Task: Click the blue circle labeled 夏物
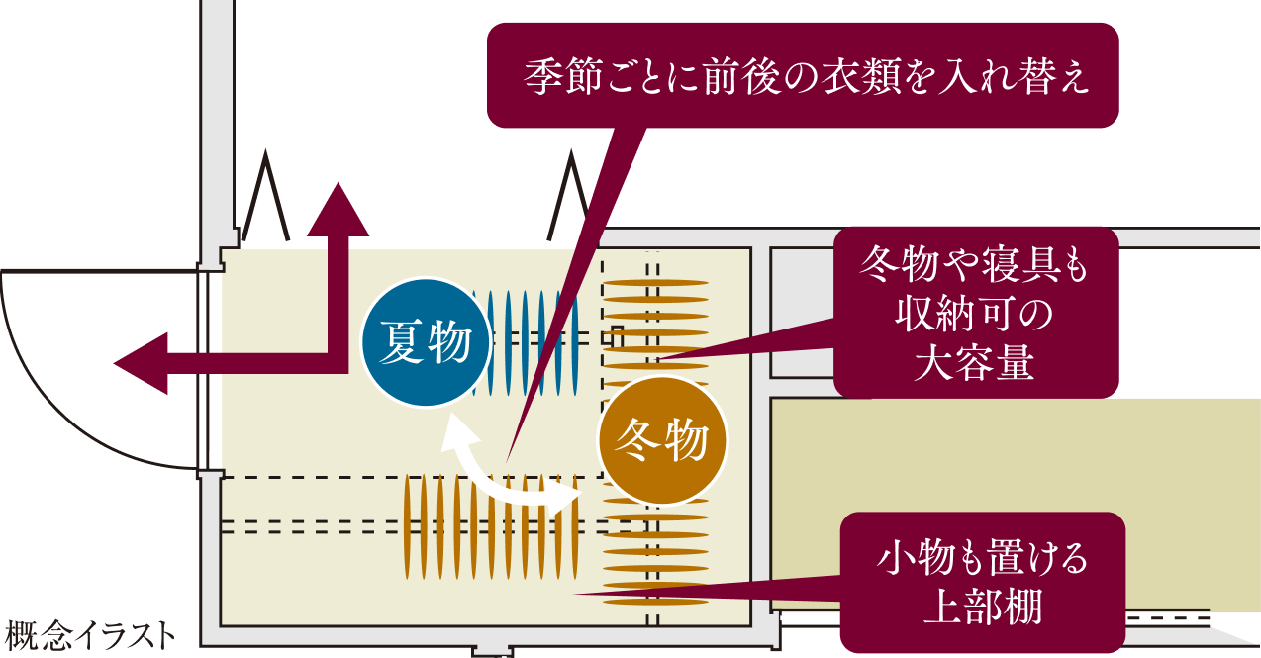click(427, 344)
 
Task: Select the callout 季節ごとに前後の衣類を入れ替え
click(803, 75)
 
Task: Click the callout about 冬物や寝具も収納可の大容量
click(975, 313)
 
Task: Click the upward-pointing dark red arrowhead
click(339, 210)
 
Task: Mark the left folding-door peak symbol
click(266, 198)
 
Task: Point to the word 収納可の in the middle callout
click(975, 317)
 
